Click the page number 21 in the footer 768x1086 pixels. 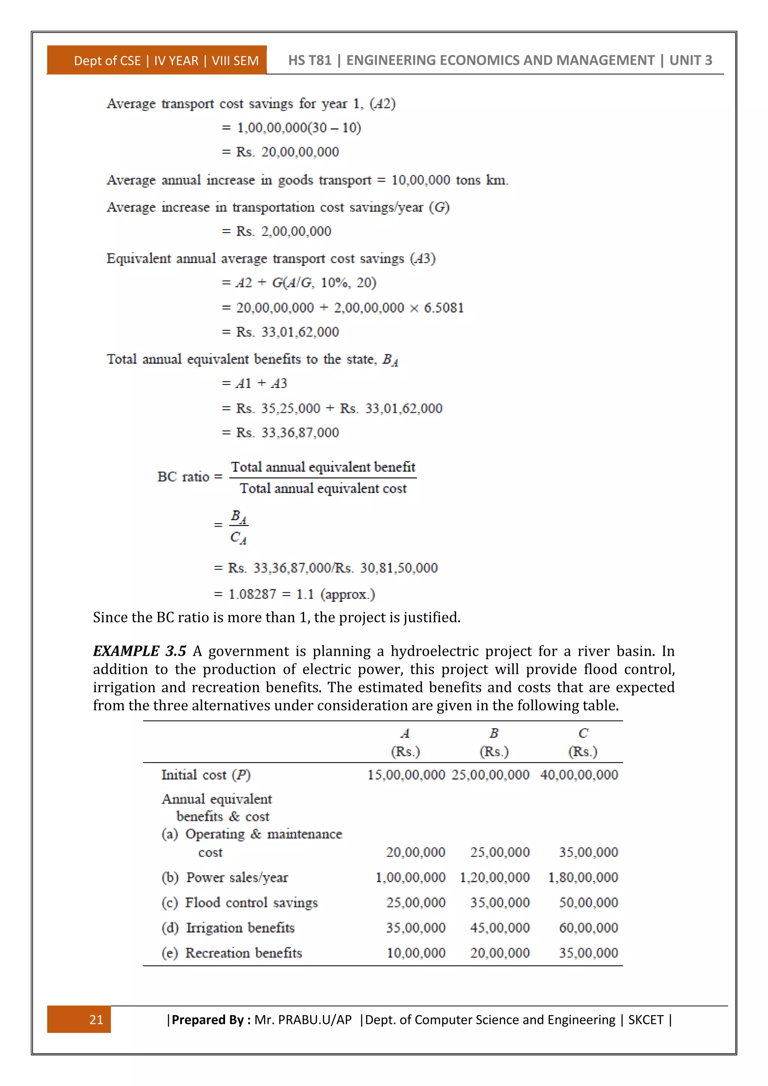tap(96, 1019)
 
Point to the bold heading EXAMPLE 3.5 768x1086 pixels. tap(139, 651)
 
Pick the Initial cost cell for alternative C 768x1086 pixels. tap(579, 775)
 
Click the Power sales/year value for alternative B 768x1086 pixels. tap(494, 877)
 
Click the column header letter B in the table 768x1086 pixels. tap(494, 733)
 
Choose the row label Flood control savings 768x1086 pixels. tap(251, 903)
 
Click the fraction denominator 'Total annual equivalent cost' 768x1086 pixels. tap(323, 488)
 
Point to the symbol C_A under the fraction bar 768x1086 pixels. tap(238, 538)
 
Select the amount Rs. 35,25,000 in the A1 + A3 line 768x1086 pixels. tap(278, 408)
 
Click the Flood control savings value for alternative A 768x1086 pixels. tap(415, 903)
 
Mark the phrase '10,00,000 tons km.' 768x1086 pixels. tap(449, 180)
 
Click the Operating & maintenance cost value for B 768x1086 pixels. tap(499, 852)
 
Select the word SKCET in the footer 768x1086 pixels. tap(645, 1019)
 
